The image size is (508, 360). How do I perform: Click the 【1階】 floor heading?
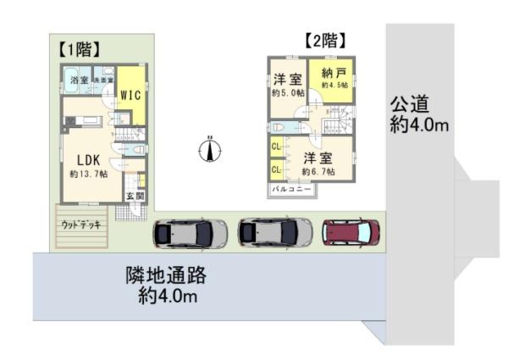click(81, 48)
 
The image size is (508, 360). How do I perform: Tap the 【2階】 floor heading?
click(325, 40)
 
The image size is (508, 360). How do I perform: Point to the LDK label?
click(88, 159)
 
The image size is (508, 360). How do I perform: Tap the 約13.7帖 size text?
click(88, 174)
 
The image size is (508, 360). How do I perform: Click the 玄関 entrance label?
click(135, 196)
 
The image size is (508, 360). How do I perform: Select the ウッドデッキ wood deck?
click(81, 225)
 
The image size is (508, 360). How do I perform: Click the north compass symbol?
click(209, 150)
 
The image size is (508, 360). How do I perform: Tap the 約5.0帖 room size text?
click(288, 92)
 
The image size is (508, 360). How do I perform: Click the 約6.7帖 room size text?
click(318, 172)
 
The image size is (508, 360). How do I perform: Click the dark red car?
click(352, 231)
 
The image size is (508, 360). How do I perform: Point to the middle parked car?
click(270, 231)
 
